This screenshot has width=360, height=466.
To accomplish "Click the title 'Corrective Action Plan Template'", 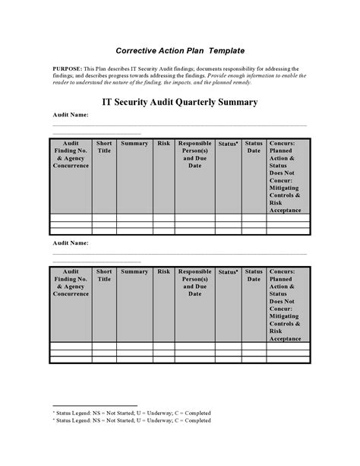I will (x=180, y=50).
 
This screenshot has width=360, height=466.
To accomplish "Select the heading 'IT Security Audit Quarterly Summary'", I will (x=180, y=101).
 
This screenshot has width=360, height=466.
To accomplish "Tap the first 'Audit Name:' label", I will (x=70, y=115).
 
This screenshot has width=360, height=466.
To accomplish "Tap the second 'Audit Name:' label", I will (x=70, y=243).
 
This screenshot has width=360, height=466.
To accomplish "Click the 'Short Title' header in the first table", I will (x=104, y=147).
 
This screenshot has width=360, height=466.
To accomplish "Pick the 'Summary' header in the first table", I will (x=134, y=143).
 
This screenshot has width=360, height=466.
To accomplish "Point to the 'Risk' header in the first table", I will (x=163, y=143).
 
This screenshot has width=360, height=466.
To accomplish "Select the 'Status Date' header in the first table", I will (x=253, y=147).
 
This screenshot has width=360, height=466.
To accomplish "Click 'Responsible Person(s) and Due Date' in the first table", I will (x=195, y=154).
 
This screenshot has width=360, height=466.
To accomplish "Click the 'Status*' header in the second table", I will (x=228, y=271).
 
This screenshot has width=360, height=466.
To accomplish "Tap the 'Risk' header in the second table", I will (x=163, y=271).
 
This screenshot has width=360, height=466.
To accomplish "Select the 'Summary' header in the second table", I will (x=134, y=271).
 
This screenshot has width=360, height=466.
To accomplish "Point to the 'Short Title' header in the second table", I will (x=104, y=275).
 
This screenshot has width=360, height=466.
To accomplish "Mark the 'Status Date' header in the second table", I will (x=253, y=275).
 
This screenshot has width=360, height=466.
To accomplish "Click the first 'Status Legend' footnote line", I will (x=131, y=413).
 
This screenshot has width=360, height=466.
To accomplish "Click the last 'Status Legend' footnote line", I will (x=131, y=420).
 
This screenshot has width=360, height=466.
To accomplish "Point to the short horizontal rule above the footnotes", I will (x=94, y=406).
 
